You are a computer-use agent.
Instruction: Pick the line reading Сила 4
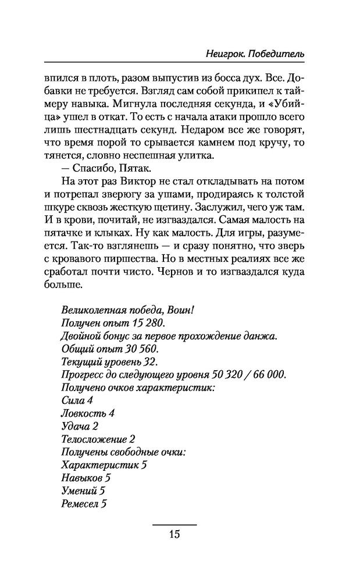click(x=76, y=400)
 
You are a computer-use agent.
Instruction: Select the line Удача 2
click(x=79, y=426)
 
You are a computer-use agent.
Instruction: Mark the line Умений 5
click(x=82, y=491)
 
